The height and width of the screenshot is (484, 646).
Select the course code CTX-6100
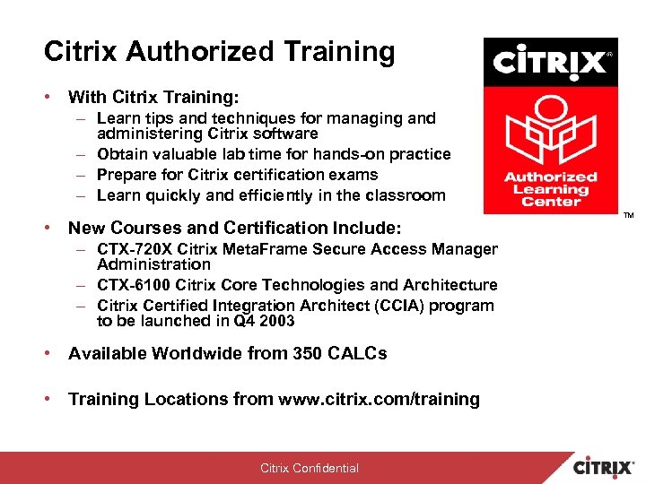click(133, 285)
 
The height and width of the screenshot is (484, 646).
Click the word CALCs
click(359, 353)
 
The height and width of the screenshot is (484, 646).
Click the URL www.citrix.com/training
click(380, 399)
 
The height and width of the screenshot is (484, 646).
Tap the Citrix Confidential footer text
click(310, 468)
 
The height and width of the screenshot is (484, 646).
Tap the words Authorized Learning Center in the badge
click(550, 188)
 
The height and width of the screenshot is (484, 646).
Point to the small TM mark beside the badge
click(628, 216)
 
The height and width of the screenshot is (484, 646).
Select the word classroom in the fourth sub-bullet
click(402, 195)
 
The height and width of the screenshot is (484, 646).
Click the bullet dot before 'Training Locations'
click(50, 399)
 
